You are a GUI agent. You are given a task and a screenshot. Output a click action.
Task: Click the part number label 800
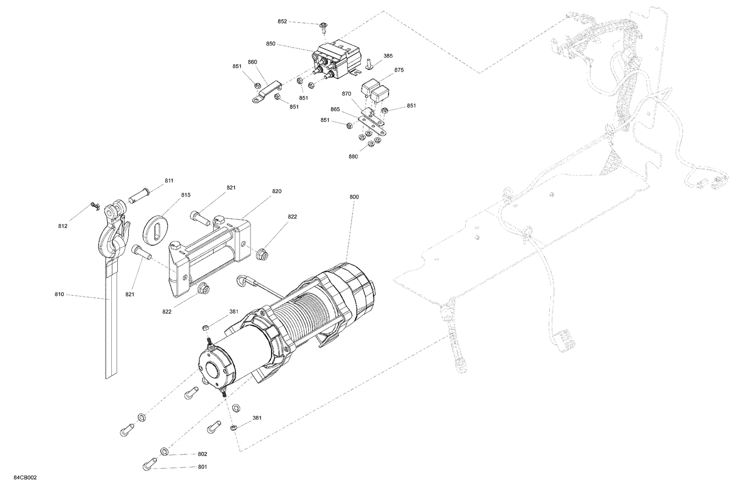354,197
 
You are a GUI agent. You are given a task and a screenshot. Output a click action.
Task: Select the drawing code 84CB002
25,478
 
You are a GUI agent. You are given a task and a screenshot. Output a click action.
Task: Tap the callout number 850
271,44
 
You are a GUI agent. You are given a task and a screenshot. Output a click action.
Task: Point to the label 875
399,70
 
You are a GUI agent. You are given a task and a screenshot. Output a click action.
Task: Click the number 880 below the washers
353,156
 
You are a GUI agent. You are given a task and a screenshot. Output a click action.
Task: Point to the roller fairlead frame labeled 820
211,251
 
